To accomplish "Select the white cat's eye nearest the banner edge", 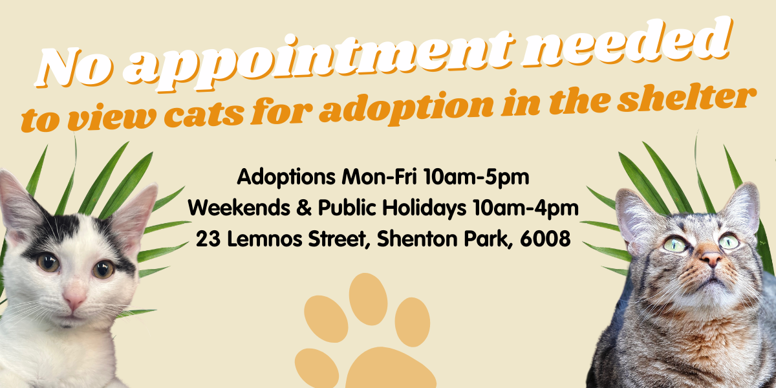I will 47,262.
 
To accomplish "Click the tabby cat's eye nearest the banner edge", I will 729,241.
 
